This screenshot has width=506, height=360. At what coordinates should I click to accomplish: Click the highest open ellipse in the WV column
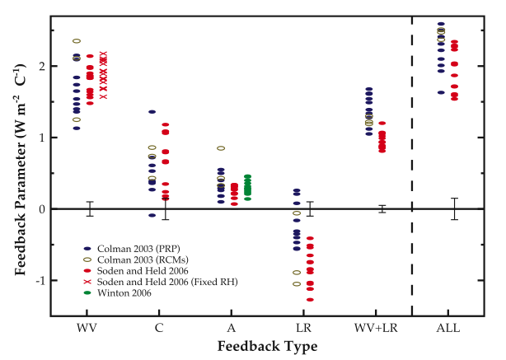click(77, 40)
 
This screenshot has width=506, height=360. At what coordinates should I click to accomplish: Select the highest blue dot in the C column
click(152, 112)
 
